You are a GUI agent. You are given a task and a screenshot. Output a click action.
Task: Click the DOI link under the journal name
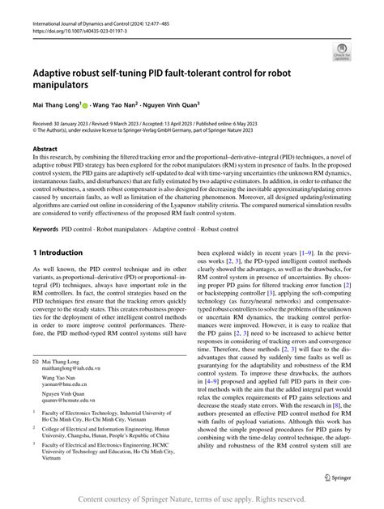tap(81, 36)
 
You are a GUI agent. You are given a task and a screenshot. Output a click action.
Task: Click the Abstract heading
tap(45, 150)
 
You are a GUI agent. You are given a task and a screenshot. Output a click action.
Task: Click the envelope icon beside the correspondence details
tap(36, 380)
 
